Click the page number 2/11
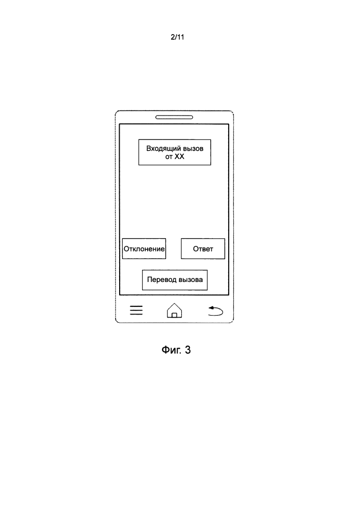[177, 37]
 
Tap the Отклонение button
[144, 249]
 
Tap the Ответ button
[203, 249]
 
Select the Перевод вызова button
[175, 280]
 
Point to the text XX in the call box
[180, 157]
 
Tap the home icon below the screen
[174, 310]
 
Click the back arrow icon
[215, 310]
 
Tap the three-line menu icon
[136, 310]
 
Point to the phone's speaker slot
[174, 117]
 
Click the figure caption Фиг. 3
[176, 350]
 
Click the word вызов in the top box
[193, 149]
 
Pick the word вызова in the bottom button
[190, 280]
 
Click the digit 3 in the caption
[187, 350]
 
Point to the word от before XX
[169, 157]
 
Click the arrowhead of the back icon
[211, 308]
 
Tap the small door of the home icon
[174, 315]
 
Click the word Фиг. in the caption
[172, 350]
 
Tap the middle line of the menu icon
[136, 310]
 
